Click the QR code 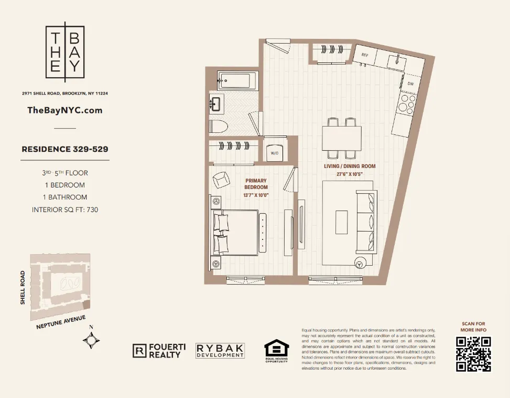[473, 354]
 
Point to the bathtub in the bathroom [234, 81]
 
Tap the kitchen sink [396, 62]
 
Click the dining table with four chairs [341, 139]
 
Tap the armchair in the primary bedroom [221, 179]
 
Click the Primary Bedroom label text [256, 184]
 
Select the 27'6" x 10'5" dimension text [350, 174]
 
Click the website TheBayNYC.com [64, 110]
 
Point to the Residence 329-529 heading [65, 149]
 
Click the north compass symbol [91, 341]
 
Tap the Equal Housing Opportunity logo [276, 351]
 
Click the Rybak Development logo [220, 351]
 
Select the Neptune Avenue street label [61, 323]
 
